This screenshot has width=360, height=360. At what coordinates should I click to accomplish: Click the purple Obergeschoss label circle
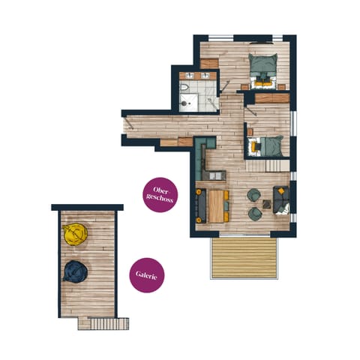tap(160, 195)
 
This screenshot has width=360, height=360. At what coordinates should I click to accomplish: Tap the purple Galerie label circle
tap(146, 275)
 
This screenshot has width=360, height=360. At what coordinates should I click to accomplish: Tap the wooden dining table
tap(216, 205)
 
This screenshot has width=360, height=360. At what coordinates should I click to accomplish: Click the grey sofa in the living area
tap(283, 200)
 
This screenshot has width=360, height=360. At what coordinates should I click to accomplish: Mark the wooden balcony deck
tap(244, 257)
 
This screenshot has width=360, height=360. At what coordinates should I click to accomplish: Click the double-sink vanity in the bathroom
tap(196, 76)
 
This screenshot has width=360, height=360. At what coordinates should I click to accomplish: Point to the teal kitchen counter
tap(200, 158)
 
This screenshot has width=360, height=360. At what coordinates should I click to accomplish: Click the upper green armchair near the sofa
tap(253, 196)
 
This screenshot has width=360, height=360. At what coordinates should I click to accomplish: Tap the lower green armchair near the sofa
tap(253, 213)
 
